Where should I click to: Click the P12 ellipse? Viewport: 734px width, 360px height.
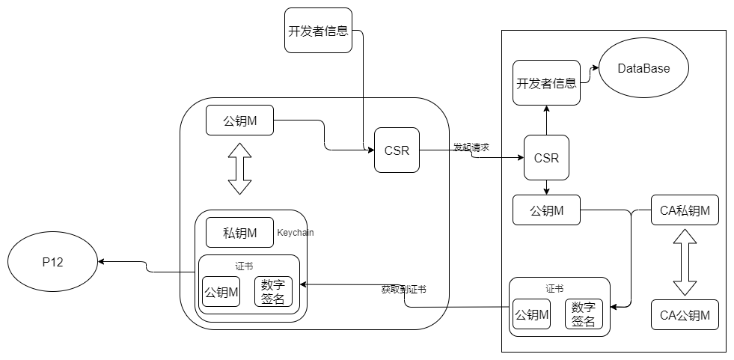(x=52, y=262)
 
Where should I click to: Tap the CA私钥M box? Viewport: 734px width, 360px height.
(x=685, y=210)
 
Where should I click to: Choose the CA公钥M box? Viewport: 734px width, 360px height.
(x=685, y=315)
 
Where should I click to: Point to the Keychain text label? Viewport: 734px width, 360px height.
(x=295, y=233)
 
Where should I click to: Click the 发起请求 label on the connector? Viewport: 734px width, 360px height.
(x=471, y=147)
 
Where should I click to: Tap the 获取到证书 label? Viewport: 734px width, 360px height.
(x=403, y=289)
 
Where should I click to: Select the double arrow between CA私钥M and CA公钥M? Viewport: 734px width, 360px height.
(x=685, y=263)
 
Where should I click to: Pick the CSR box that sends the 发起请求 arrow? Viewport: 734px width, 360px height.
(x=397, y=150)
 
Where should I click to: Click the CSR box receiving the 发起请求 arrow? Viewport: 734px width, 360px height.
(x=546, y=158)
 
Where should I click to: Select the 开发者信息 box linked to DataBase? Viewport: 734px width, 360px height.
(x=546, y=83)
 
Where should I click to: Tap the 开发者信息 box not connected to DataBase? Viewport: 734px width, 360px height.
(x=319, y=31)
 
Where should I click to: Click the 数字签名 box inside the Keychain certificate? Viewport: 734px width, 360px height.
(x=272, y=293)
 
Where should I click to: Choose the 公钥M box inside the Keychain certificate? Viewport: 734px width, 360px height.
(x=221, y=293)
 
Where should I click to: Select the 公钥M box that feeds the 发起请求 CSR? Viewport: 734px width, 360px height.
(x=239, y=120)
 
